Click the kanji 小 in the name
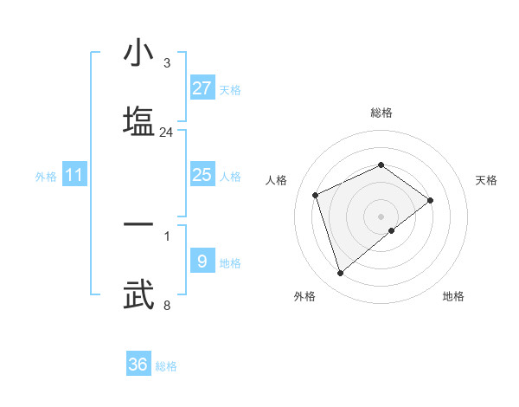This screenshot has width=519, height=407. [138, 53]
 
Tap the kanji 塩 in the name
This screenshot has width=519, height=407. [138, 120]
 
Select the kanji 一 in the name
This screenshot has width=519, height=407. [138, 224]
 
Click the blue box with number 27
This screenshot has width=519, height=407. [202, 88]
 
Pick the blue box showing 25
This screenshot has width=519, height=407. [202, 175]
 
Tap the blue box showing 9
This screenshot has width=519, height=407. [202, 261]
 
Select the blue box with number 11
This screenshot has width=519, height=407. [74, 176]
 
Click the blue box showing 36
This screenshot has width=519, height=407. [138, 365]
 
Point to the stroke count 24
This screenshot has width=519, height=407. [167, 132]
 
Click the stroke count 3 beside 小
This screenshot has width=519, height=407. [167, 63]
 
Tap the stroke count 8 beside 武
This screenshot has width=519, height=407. [167, 305]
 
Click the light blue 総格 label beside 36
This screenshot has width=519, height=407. [166, 366]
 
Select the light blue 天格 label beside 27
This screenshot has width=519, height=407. [230, 90]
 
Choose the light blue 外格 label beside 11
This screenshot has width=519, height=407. [46, 177]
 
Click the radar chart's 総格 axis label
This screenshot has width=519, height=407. [381, 113]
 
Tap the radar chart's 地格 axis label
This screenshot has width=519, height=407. [453, 296]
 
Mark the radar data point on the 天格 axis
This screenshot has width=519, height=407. [430, 200]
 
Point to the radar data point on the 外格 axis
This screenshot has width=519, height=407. [340, 273]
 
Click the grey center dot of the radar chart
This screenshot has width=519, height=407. [381, 216]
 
